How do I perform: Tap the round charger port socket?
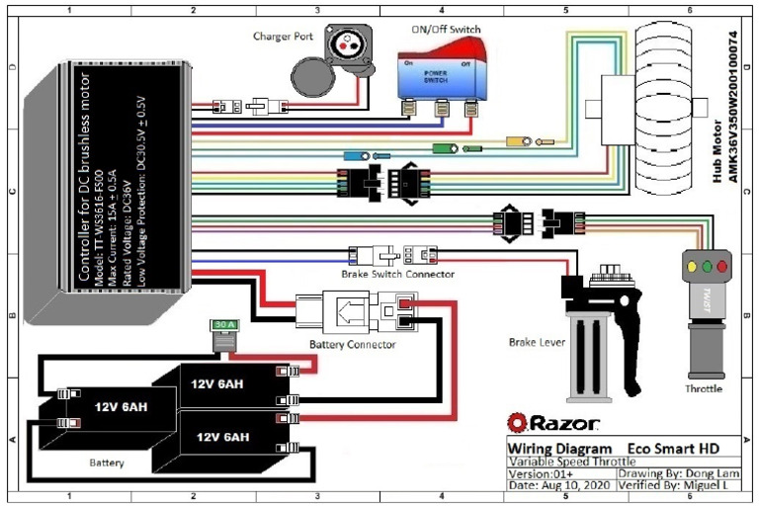tap(346, 42)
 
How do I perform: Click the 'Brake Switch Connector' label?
tap(397, 273)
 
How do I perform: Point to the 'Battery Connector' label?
tap(353, 344)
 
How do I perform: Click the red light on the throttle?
tap(721, 266)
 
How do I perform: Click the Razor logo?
tap(552, 423)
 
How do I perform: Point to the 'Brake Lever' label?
tap(538, 341)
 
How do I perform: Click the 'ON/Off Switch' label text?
tap(446, 27)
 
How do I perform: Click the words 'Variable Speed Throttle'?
tap(570, 462)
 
